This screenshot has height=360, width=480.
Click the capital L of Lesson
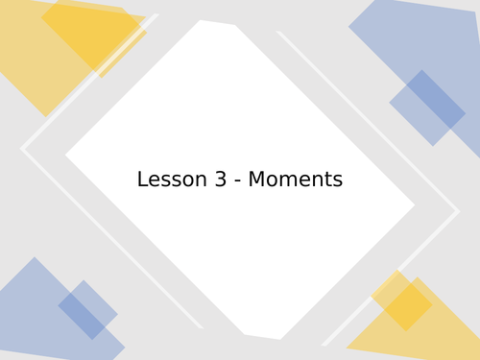pyautogui.click(x=142, y=180)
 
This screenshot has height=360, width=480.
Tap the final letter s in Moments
pyautogui.click(x=337, y=180)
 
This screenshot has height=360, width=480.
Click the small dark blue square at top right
pyautogui.click(x=427, y=108)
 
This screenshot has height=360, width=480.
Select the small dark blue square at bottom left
pyautogui.click(x=87, y=310)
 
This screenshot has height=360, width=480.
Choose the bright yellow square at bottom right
pyautogui.click(x=402, y=300)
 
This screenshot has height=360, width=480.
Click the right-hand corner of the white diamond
pyautogui.click(x=413, y=204)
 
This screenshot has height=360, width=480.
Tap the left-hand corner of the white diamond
pyautogui.click(x=67, y=154)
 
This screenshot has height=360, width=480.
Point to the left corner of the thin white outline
pyautogui.click(x=22, y=149)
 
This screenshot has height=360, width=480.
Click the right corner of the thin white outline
pyautogui.click(x=458, y=211)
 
